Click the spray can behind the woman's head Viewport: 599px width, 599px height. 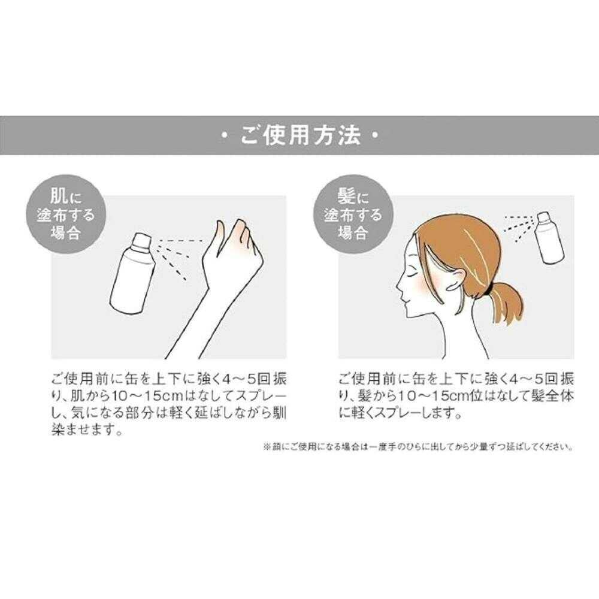tap(549, 236)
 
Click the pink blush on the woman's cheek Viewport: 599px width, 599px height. tap(422, 286)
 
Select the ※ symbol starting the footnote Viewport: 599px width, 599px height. tap(267, 446)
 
